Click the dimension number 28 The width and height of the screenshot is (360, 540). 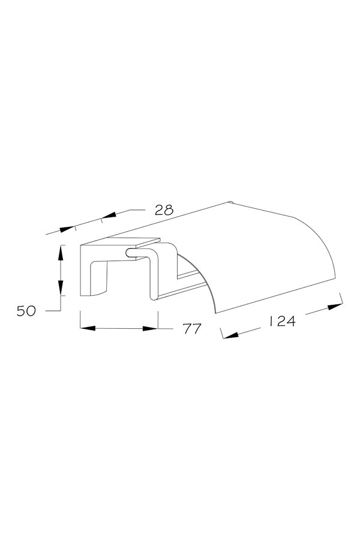[x=164, y=210]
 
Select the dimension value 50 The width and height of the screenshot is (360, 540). [x=26, y=311]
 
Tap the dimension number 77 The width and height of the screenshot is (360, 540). [x=192, y=329]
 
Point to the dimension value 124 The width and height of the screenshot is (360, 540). [x=282, y=322]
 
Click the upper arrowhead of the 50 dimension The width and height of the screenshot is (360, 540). [x=61, y=253]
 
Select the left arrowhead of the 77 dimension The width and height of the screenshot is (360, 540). [x=88, y=328]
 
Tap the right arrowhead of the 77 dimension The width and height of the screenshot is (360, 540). [x=150, y=328]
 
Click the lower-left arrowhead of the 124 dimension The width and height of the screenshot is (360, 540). [x=231, y=335]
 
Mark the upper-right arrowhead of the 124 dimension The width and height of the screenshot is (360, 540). [x=335, y=306]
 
